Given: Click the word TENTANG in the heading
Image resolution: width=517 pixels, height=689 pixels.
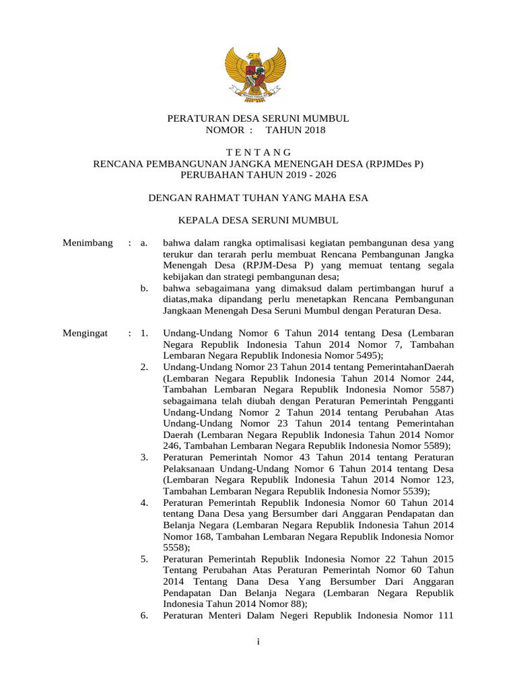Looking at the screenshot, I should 258,153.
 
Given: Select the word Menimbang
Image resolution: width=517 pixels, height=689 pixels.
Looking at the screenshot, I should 88,242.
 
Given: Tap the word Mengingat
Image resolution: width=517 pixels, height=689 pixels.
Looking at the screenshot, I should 85,332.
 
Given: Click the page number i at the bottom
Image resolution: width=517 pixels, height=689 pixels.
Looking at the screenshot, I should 258,642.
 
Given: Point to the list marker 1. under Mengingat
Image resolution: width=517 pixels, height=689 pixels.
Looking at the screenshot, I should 143,332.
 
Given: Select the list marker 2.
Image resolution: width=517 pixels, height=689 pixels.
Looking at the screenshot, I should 144,366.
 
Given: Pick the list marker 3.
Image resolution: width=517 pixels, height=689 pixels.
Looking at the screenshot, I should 144,457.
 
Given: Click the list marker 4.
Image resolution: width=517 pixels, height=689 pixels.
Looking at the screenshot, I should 144,503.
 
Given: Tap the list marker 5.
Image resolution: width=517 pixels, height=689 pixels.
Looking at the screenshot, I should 144,559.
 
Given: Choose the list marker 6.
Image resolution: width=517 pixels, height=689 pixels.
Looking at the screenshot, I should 144,616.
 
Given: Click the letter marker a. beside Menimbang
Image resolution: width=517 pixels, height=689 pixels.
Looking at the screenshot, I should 143,242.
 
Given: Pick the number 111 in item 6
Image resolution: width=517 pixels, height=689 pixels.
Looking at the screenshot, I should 445,616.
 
